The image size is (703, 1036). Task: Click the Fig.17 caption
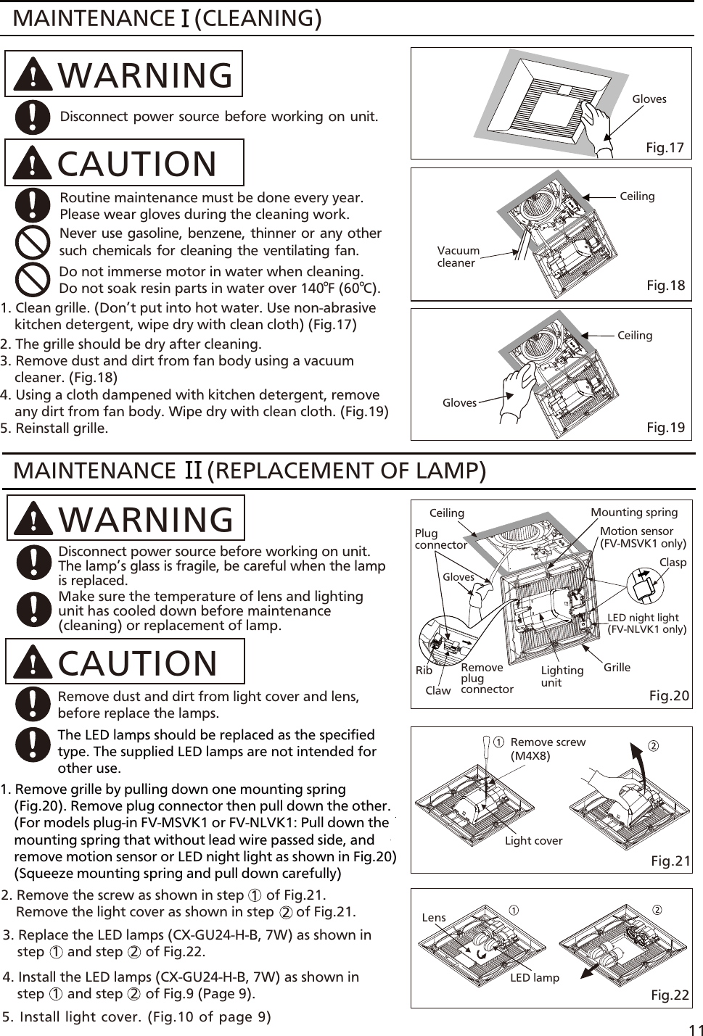point(665,148)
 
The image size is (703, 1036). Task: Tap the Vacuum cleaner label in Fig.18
point(458,257)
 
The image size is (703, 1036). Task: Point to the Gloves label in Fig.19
point(459,402)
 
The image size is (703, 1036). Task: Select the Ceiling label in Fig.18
point(637,196)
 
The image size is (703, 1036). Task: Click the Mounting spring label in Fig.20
point(633,512)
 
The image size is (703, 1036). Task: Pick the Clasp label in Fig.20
point(673,562)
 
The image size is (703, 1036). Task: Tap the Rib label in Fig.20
point(424,670)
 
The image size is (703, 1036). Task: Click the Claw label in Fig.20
point(437,690)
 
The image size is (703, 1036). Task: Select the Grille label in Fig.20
point(617,667)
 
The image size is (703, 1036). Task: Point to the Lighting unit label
point(562,676)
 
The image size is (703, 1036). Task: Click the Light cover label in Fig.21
point(533,840)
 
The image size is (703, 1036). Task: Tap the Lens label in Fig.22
point(434,917)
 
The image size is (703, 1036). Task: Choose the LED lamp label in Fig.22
point(534,977)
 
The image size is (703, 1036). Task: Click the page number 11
point(695,1030)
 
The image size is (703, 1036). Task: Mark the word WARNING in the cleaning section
point(145,75)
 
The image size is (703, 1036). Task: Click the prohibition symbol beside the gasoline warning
point(33,242)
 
